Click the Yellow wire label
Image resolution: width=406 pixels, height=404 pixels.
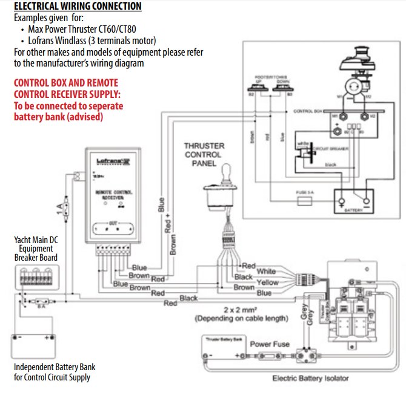point(267,282)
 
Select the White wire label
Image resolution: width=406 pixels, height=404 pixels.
point(266,272)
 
